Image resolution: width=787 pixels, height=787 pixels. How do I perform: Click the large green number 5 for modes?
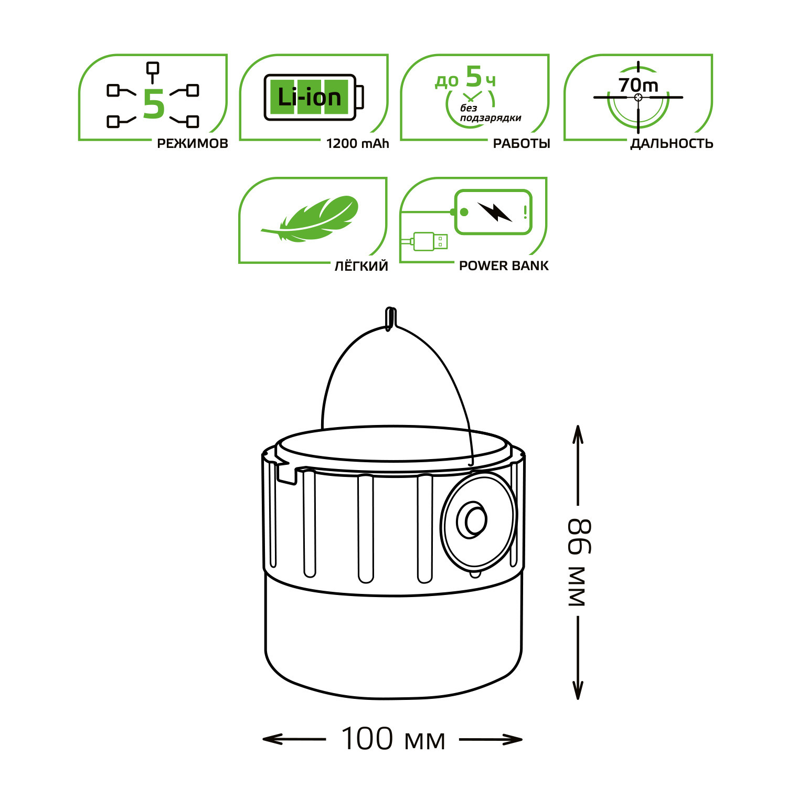tap(154, 104)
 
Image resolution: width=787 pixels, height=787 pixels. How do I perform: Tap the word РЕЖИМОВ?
tap(193, 144)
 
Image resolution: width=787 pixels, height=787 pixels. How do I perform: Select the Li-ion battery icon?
tap(313, 98)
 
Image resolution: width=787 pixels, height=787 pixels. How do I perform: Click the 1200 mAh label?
tap(357, 144)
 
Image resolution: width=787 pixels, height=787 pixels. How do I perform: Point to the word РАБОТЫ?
tap(522, 144)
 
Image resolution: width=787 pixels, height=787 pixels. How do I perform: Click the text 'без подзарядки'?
tap(490, 113)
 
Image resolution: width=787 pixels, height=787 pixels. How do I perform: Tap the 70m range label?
tap(638, 85)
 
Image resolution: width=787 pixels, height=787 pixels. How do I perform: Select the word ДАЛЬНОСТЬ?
tap(672, 144)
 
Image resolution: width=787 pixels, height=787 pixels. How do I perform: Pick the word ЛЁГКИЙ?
tap(361, 266)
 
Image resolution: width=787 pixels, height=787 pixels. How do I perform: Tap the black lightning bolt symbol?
tap(494, 211)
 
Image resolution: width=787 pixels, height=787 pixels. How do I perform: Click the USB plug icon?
tap(429, 242)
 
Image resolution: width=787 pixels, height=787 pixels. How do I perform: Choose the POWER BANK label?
tap(504, 266)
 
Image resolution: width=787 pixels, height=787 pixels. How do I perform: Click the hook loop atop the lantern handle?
tap(389, 318)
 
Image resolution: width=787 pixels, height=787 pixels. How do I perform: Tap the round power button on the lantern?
tap(472, 520)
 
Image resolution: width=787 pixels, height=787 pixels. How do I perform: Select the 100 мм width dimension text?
tap(393, 739)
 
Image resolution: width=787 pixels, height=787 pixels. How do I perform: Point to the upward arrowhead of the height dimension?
tap(578, 434)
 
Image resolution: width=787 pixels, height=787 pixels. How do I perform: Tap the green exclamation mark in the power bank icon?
tap(525, 212)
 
